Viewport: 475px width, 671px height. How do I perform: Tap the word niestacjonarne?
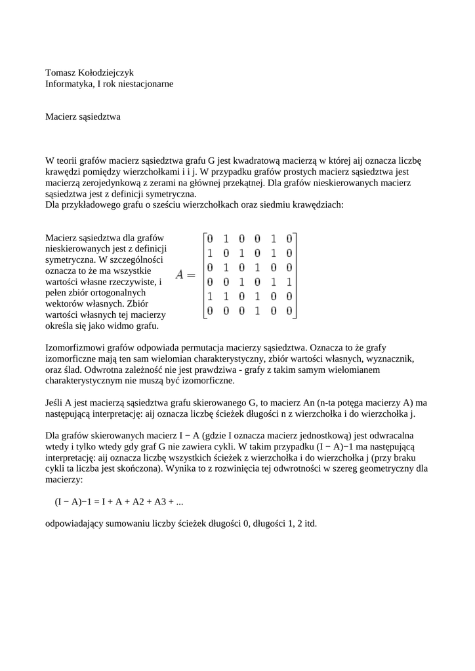(x=142, y=84)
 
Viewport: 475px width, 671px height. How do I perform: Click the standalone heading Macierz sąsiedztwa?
(x=83, y=117)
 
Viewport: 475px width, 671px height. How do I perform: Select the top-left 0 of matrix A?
(x=209, y=239)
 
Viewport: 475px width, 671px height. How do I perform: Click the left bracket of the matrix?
(x=203, y=275)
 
